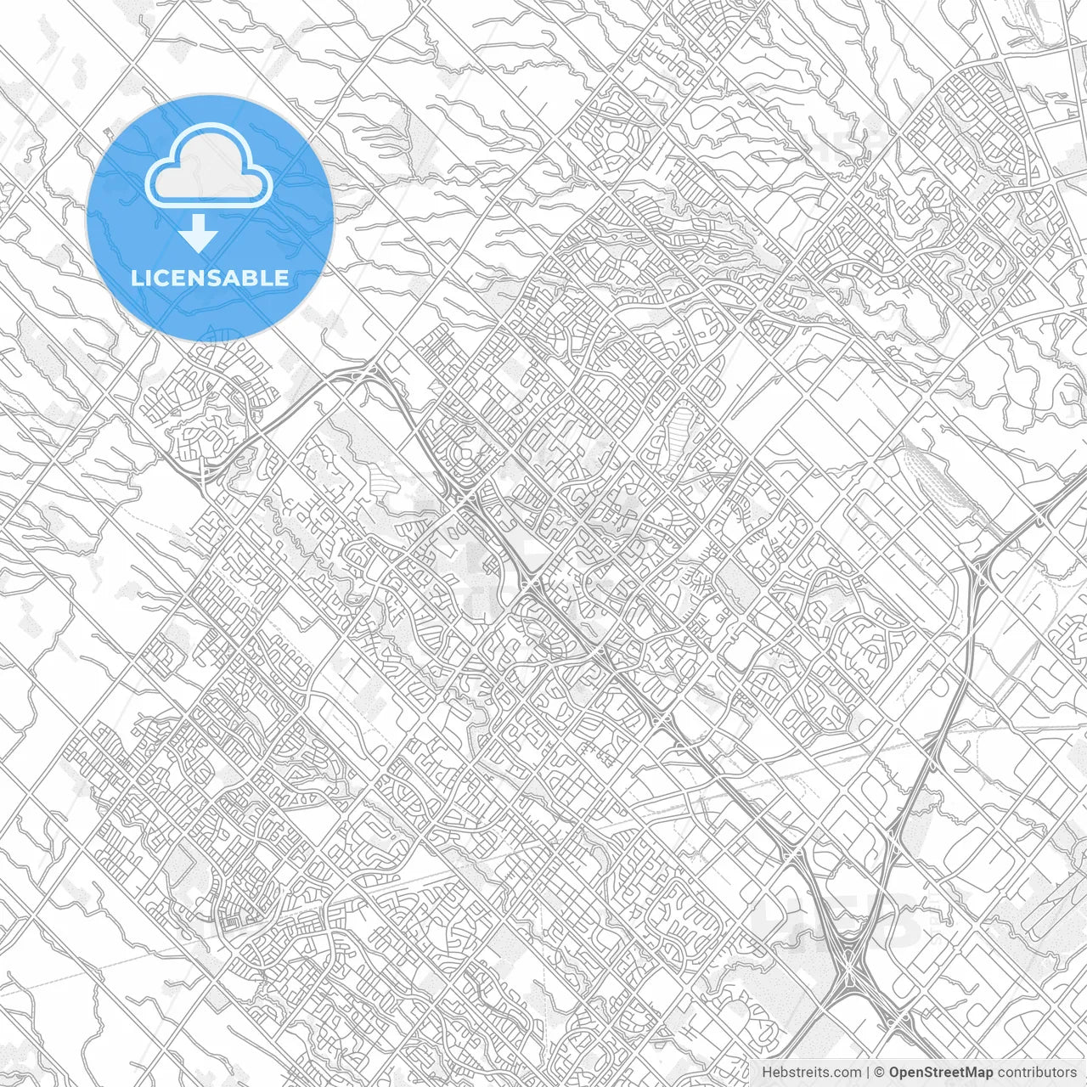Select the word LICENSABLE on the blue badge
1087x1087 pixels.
[209, 278]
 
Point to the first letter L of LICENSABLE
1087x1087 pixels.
[136, 278]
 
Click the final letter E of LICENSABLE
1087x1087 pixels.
[282, 278]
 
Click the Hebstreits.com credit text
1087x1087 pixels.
[811, 1073]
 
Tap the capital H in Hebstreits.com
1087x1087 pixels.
[767, 1073]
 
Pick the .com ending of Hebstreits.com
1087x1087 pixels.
[846, 1073]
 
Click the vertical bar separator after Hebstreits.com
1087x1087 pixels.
[868, 1073]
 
